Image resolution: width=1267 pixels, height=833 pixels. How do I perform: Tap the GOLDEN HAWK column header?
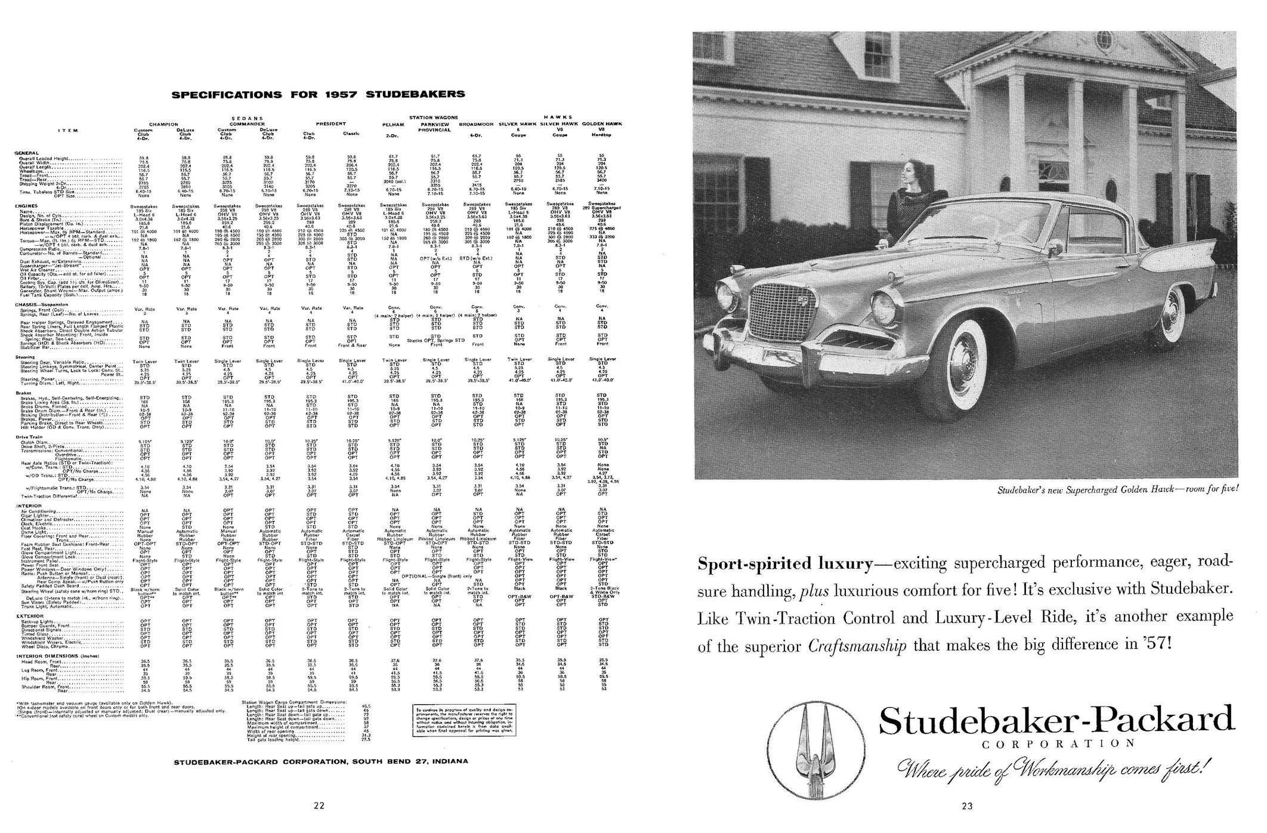pos(601,124)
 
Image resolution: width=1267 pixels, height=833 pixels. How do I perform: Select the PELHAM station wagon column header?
pos(394,125)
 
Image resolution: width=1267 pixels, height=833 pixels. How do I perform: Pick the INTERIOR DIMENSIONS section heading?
pos(57,656)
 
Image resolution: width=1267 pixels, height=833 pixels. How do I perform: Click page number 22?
pos(319,806)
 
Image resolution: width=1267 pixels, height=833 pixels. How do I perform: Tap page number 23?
pos(967,806)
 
